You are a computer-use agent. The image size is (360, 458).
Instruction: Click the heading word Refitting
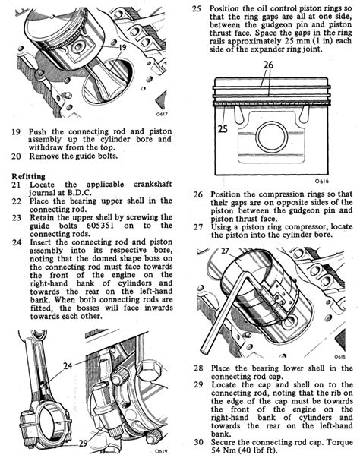[x=28, y=176]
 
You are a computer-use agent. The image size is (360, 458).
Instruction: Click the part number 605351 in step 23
[x=100, y=226]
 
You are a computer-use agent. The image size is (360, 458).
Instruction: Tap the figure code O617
[x=162, y=114]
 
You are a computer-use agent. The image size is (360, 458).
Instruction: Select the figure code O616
[x=322, y=181]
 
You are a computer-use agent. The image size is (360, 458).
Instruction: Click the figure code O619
[x=162, y=451]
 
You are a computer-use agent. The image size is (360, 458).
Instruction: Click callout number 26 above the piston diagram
[x=268, y=65]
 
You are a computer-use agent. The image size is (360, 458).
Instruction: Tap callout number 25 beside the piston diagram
[x=223, y=128]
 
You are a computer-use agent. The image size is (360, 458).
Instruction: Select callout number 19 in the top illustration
[x=122, y=47]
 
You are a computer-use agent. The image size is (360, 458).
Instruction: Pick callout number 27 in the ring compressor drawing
[x=225, y=251]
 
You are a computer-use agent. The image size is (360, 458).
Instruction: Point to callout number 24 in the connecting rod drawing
[x=68, y=365]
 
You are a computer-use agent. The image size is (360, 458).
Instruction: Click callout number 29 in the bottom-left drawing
[x=84, y=443]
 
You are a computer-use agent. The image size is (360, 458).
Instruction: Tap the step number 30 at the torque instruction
[x=198, y=442]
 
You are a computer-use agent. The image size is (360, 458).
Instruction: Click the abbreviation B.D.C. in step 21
[x=80, y=193]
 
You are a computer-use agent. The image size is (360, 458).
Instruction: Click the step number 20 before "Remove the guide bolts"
[x=17, y=156]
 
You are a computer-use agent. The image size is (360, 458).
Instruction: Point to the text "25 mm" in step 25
[x=292, y=41]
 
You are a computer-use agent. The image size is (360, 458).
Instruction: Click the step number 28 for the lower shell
[x=198, y=368]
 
